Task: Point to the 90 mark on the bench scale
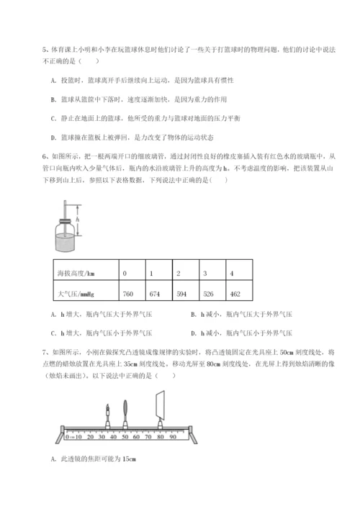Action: click(x=173, y=436)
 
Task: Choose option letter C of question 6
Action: click(x=54, y=333)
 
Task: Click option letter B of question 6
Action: click(x=194, y=314)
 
